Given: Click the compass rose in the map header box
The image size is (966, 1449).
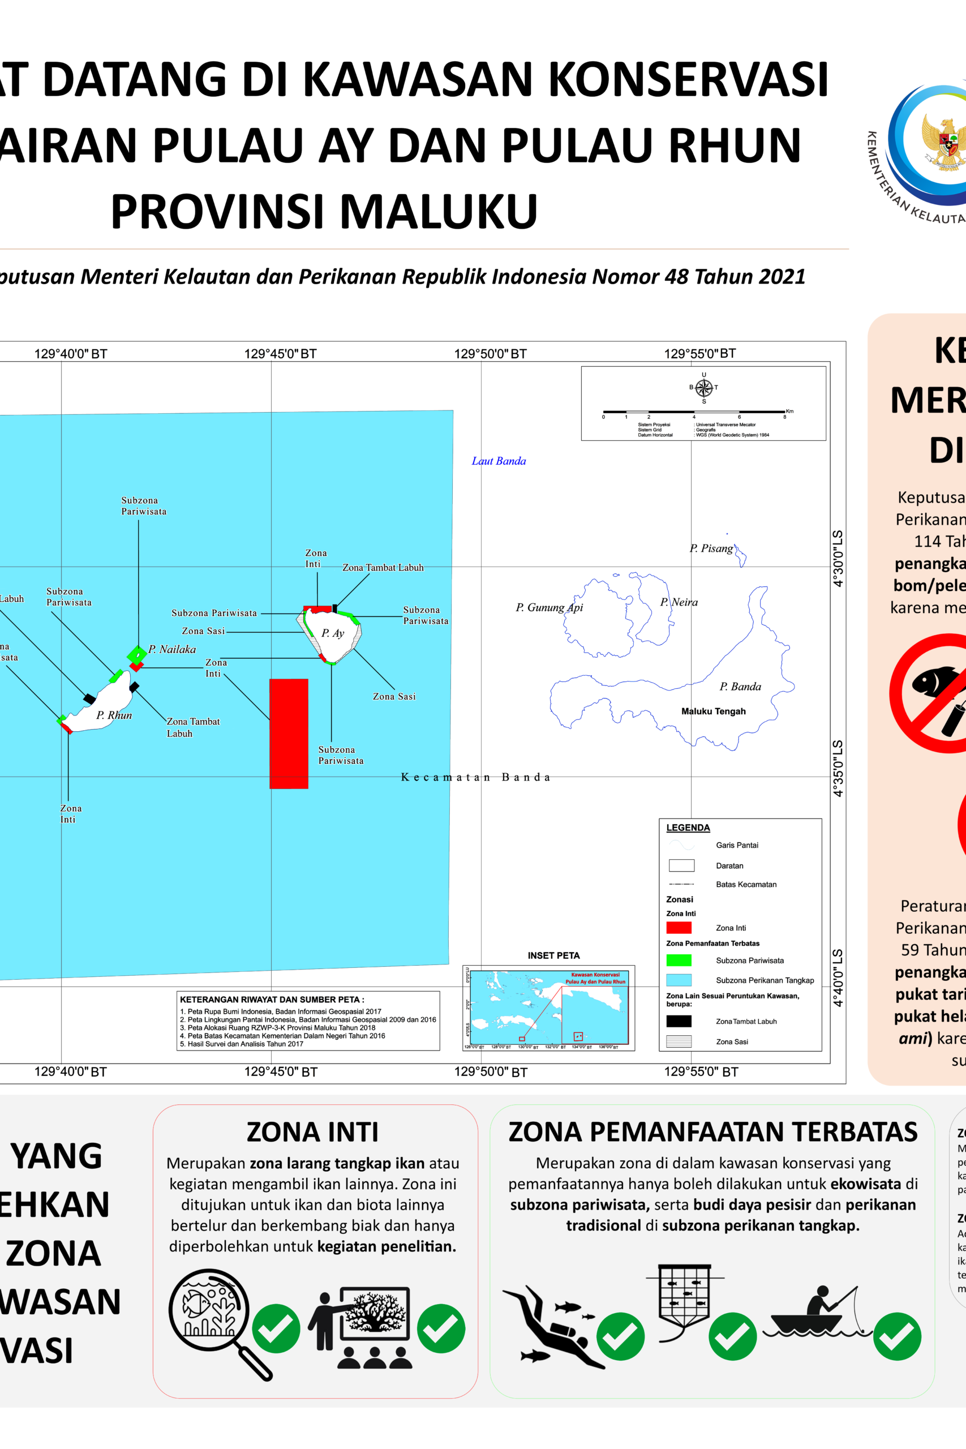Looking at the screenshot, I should pyautogui.click(x=703, y=388).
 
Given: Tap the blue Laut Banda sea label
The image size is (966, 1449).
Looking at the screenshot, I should pyautogui.click(x=499, y=461).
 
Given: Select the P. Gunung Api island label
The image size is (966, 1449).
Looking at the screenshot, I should pyautogui.click(x=549, y=607).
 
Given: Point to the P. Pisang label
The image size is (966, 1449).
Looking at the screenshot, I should pyautogui.click(x=711, y=548).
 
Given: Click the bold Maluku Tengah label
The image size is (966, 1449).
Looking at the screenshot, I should pyautogui.click(x=713, y=711).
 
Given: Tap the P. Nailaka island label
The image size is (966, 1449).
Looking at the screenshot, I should pyautogui.click(x=172, y=649).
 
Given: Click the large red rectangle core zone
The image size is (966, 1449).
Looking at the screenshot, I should pyautogui.click(x=288, y=733).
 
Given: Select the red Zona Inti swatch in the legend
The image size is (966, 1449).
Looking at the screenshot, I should pyautogui.click(x=679, y=927).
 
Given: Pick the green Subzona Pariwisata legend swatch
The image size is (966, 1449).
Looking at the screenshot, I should pyautogui.click(x=679, y=960).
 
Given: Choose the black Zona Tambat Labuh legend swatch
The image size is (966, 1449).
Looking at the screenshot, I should pyautogui.click(x=679, y=1021).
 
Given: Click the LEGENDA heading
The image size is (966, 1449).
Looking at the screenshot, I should pyautogui.click(x=688, y=828).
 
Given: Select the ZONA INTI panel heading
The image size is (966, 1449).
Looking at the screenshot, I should pyautogui.click(x=312, y=1133).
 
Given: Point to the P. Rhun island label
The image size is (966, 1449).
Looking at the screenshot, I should pyautogui.click(x=114, y=715).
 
